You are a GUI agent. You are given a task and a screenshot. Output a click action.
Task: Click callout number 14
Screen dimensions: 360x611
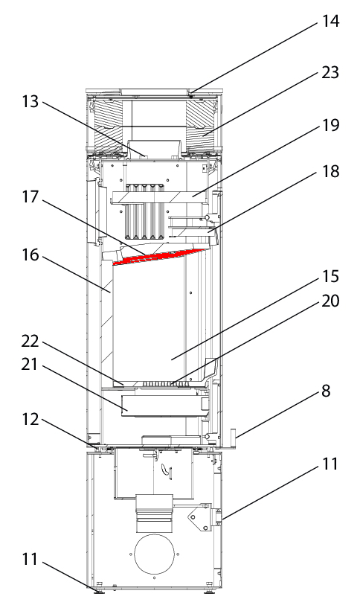pyautogui.click(x=330, y=21)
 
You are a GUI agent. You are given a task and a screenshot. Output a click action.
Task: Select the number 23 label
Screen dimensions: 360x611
pyautogui.click(x=330, y=72)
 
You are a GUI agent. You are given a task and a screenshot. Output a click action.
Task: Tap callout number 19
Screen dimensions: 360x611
pyautogui.click(x=330, y=125)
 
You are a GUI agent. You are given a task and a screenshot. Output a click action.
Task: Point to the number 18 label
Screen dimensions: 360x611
pyautogui.click(x=330, y=171)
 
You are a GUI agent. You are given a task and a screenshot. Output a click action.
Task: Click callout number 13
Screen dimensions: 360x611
pyautogui.click(x=30, y=101)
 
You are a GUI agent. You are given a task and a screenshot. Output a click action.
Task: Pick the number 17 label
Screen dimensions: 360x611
pyautogui.click(x=30, y=196)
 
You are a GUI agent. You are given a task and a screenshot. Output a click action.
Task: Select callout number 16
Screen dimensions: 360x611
pyautogui.click(x=30, y=255)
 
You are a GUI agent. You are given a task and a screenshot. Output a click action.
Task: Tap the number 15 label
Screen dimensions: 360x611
pyautogui.click(x=330, y=276)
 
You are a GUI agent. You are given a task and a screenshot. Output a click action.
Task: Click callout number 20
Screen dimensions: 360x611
pyautogui.click(x=330, y=301)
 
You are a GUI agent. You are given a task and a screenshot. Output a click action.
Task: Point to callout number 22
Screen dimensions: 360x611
pyautogui.click(x=30, y=342)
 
